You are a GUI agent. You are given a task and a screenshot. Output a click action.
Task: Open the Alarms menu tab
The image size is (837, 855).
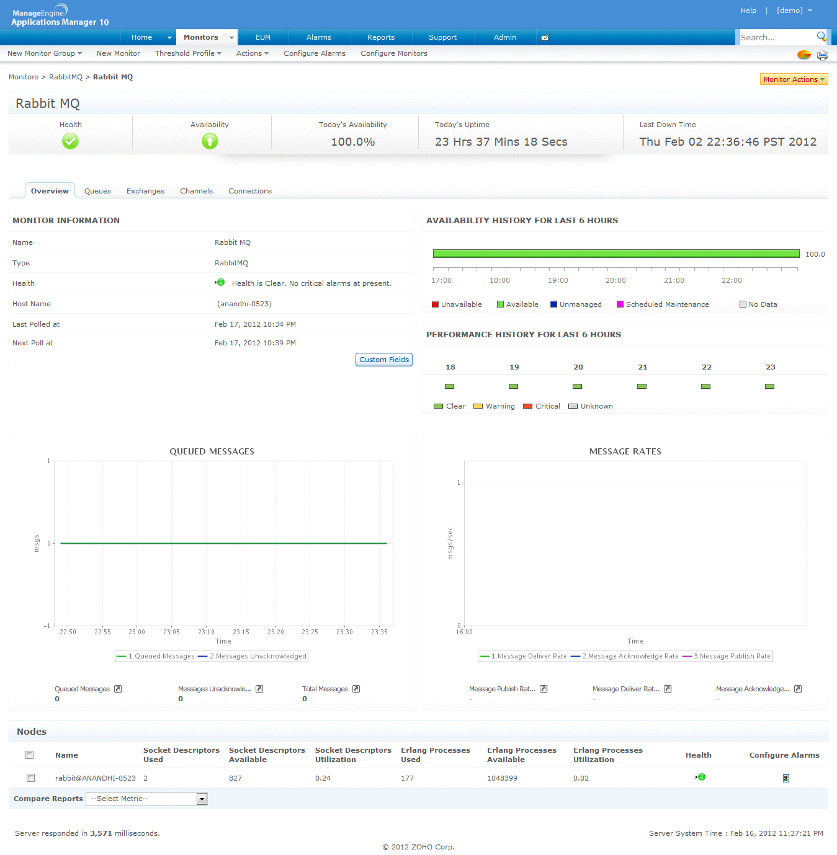(318, 37)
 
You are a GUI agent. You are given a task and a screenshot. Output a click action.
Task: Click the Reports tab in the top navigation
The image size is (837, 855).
(380, 37)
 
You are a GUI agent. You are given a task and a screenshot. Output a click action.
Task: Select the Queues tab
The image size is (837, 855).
(97, 191)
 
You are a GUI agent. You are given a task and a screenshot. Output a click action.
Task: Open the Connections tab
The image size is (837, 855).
(249, 191)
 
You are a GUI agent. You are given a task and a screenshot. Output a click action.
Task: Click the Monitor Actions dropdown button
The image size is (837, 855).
(794, 79)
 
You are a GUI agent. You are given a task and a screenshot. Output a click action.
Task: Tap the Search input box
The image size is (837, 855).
(777, 38)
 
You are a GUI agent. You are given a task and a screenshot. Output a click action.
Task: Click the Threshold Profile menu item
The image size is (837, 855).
(187, 53)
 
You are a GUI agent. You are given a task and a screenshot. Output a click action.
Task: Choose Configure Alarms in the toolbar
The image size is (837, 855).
(315, 53)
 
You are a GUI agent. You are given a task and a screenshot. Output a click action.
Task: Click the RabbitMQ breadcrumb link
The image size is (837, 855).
(66, 77)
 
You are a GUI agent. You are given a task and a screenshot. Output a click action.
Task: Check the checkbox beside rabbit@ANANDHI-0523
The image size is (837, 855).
(30, 777)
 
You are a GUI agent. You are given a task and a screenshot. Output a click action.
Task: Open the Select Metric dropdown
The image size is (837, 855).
(146, 799)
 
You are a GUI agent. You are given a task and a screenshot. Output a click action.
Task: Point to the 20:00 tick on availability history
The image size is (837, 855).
(615, 280)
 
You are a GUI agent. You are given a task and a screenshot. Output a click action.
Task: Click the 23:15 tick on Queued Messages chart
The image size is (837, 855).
(241, 632)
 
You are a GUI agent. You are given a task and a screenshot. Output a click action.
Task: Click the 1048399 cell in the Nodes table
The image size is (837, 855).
(502, 778)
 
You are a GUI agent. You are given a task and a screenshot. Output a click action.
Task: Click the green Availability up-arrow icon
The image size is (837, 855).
(210, 141)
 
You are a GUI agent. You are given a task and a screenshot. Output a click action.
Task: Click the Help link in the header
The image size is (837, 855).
(748, 11)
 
